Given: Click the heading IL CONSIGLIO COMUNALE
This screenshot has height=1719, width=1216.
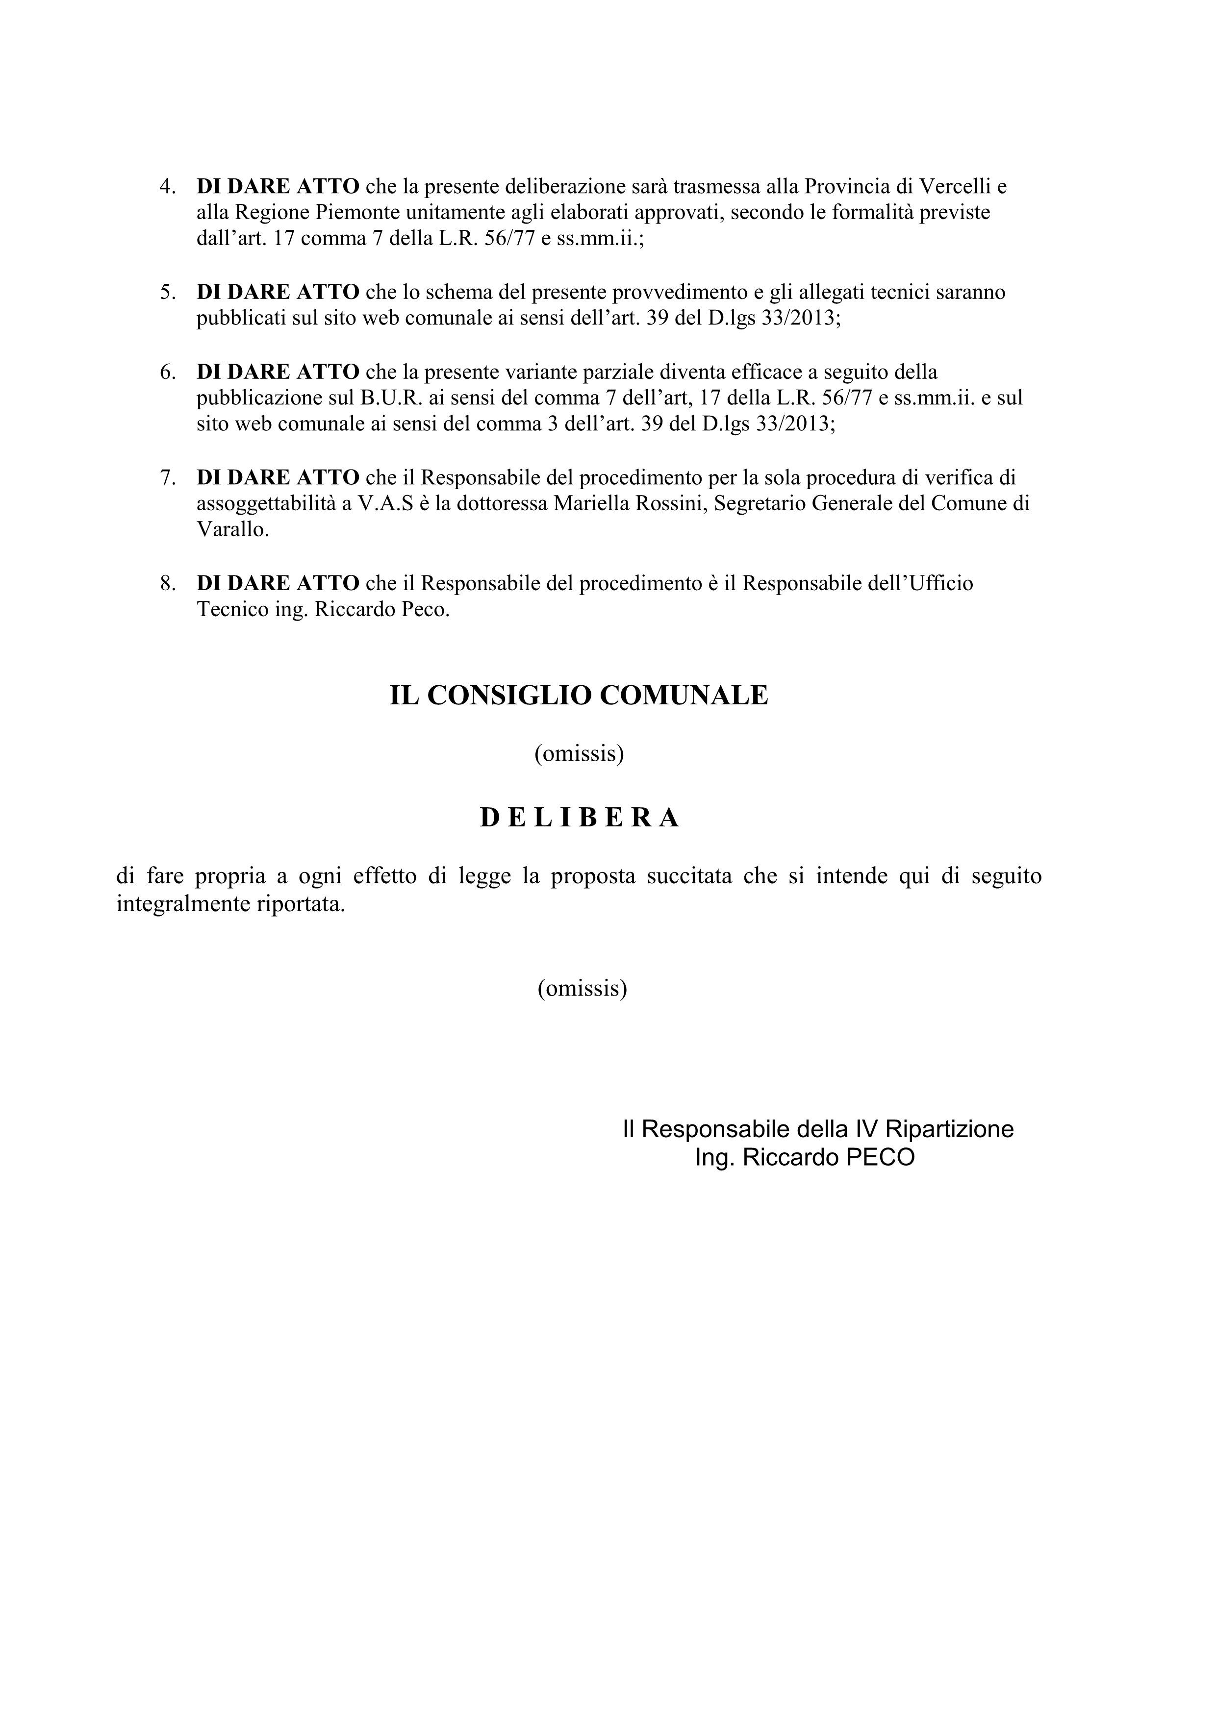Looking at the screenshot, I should [x=579, y=696].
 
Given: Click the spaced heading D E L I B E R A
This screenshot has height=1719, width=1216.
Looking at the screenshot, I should [x=579, y=818].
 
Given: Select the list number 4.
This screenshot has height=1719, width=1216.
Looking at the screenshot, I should [x=167, y=186].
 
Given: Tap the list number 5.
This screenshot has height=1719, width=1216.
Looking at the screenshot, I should [x=167, y=292].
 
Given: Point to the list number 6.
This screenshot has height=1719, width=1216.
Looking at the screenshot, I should [x=167, y=372].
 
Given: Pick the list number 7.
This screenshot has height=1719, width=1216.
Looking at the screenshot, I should [x=167, y=478].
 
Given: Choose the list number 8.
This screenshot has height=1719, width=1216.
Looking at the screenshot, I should [x=167, y=583].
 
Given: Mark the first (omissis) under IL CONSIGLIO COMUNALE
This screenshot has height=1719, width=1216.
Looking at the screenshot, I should [x=579, y=753].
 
